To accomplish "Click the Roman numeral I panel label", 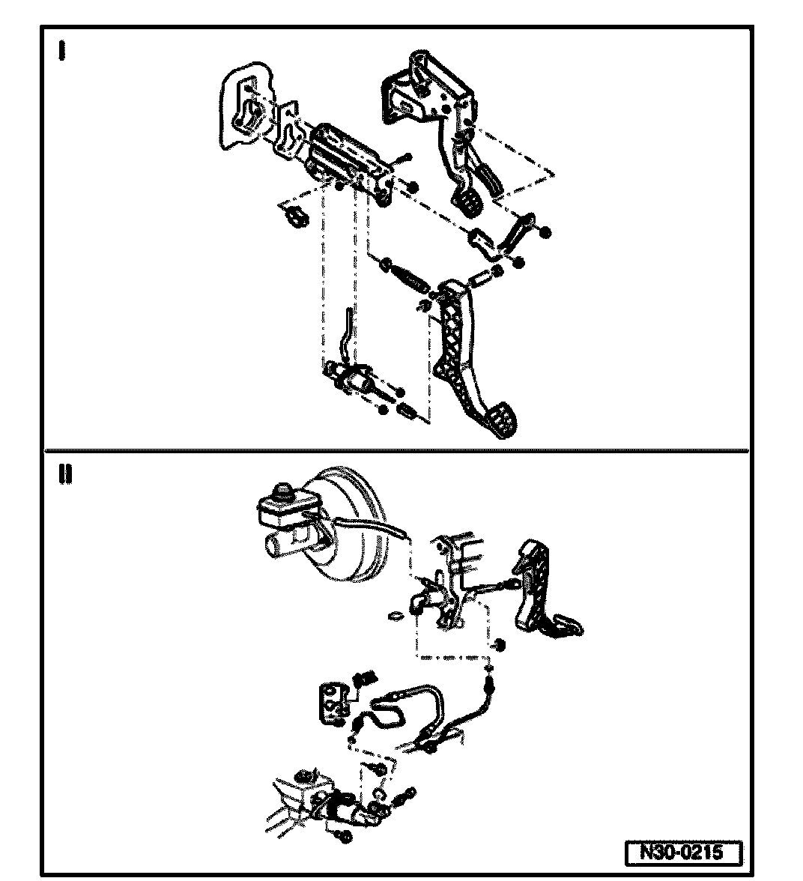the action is [61, 51].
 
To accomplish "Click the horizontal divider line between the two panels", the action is [397, 451].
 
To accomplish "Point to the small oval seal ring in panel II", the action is [397, 617].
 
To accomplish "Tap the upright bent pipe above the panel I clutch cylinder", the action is [345, 330].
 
